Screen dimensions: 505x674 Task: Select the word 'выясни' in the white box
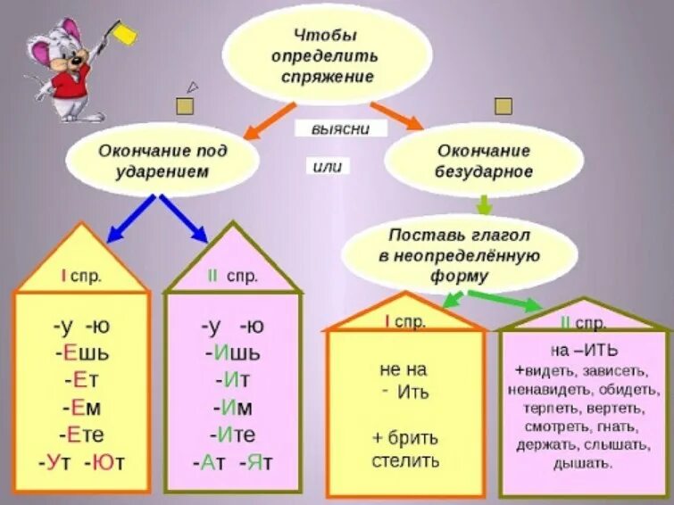340,128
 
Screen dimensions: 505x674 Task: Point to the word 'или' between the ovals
328,166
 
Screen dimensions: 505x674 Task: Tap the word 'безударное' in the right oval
484,171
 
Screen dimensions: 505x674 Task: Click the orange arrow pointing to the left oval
266,121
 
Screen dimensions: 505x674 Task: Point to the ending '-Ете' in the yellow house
81,435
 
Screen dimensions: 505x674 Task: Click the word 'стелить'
405,460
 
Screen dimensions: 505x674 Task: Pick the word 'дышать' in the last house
583,462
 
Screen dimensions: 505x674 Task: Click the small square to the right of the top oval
503,106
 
